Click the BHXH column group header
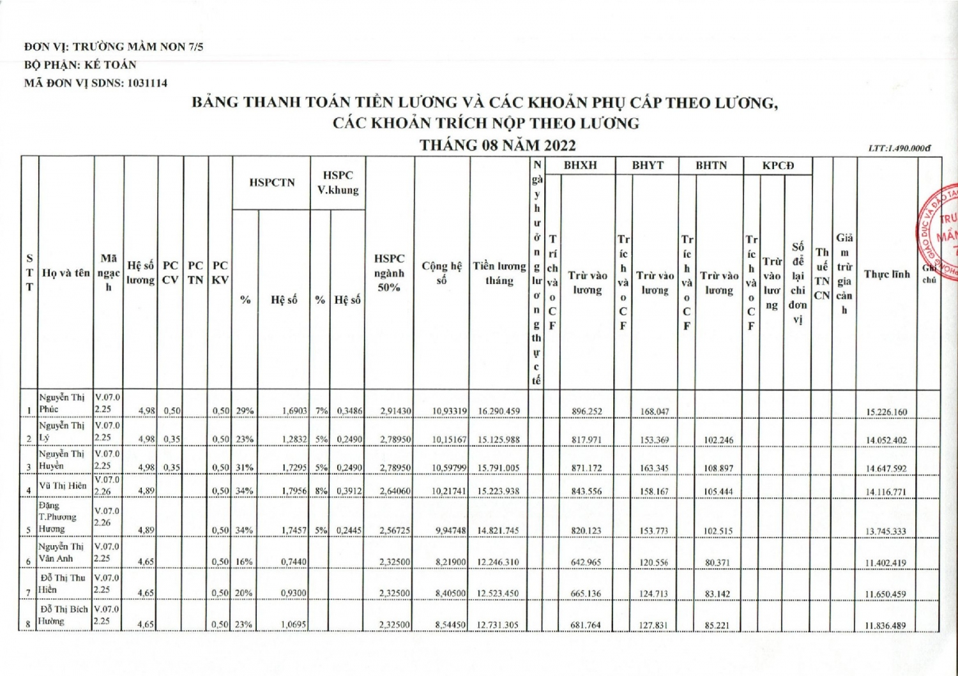point(580,165)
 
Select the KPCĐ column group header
point(778,165)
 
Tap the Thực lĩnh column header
point(886,274)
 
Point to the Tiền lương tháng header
point(499,273)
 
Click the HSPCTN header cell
point(272,183)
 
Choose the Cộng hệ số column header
point(441,273)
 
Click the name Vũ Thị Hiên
point(63,486)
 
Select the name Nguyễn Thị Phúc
point(61,403)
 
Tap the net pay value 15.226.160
point(886,412)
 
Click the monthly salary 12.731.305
point(498,626)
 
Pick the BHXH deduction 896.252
point(586,412)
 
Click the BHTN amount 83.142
point(717,594)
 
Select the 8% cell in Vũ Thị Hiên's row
point(321,491)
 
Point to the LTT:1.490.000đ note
point(899,148)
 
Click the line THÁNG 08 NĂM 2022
point(498,145)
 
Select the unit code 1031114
point(148,83)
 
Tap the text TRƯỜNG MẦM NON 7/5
point(138,47)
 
